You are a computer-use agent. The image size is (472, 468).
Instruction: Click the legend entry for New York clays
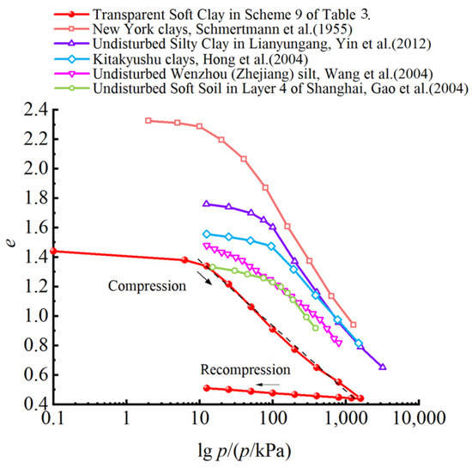203,29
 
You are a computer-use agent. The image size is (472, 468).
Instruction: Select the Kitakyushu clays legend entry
181,59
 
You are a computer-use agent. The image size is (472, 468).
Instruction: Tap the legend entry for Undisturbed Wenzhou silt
244,74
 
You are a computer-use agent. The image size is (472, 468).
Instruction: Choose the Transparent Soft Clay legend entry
212,14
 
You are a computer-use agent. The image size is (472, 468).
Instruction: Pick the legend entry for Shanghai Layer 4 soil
261,88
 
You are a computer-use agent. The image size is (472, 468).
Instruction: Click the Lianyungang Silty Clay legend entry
243,44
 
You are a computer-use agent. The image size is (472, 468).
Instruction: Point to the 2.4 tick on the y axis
36,110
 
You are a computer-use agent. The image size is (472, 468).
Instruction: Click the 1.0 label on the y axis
36,317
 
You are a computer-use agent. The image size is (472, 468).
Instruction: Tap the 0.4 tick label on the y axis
36,404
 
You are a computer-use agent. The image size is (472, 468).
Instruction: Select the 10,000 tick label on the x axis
419,418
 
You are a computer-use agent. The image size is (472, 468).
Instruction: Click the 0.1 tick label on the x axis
53,418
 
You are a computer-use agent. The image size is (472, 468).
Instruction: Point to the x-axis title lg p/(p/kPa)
245,451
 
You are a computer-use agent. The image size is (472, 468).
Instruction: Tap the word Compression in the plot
148,286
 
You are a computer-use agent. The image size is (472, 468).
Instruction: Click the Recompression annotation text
245,369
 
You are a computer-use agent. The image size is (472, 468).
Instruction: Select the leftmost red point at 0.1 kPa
53,251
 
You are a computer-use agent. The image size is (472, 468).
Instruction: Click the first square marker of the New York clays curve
148,121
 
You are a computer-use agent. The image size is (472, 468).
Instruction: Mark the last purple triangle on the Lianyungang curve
383,367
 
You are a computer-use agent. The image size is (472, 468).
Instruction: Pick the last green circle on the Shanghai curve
315,328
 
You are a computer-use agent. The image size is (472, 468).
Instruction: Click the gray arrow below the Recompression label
268,385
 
